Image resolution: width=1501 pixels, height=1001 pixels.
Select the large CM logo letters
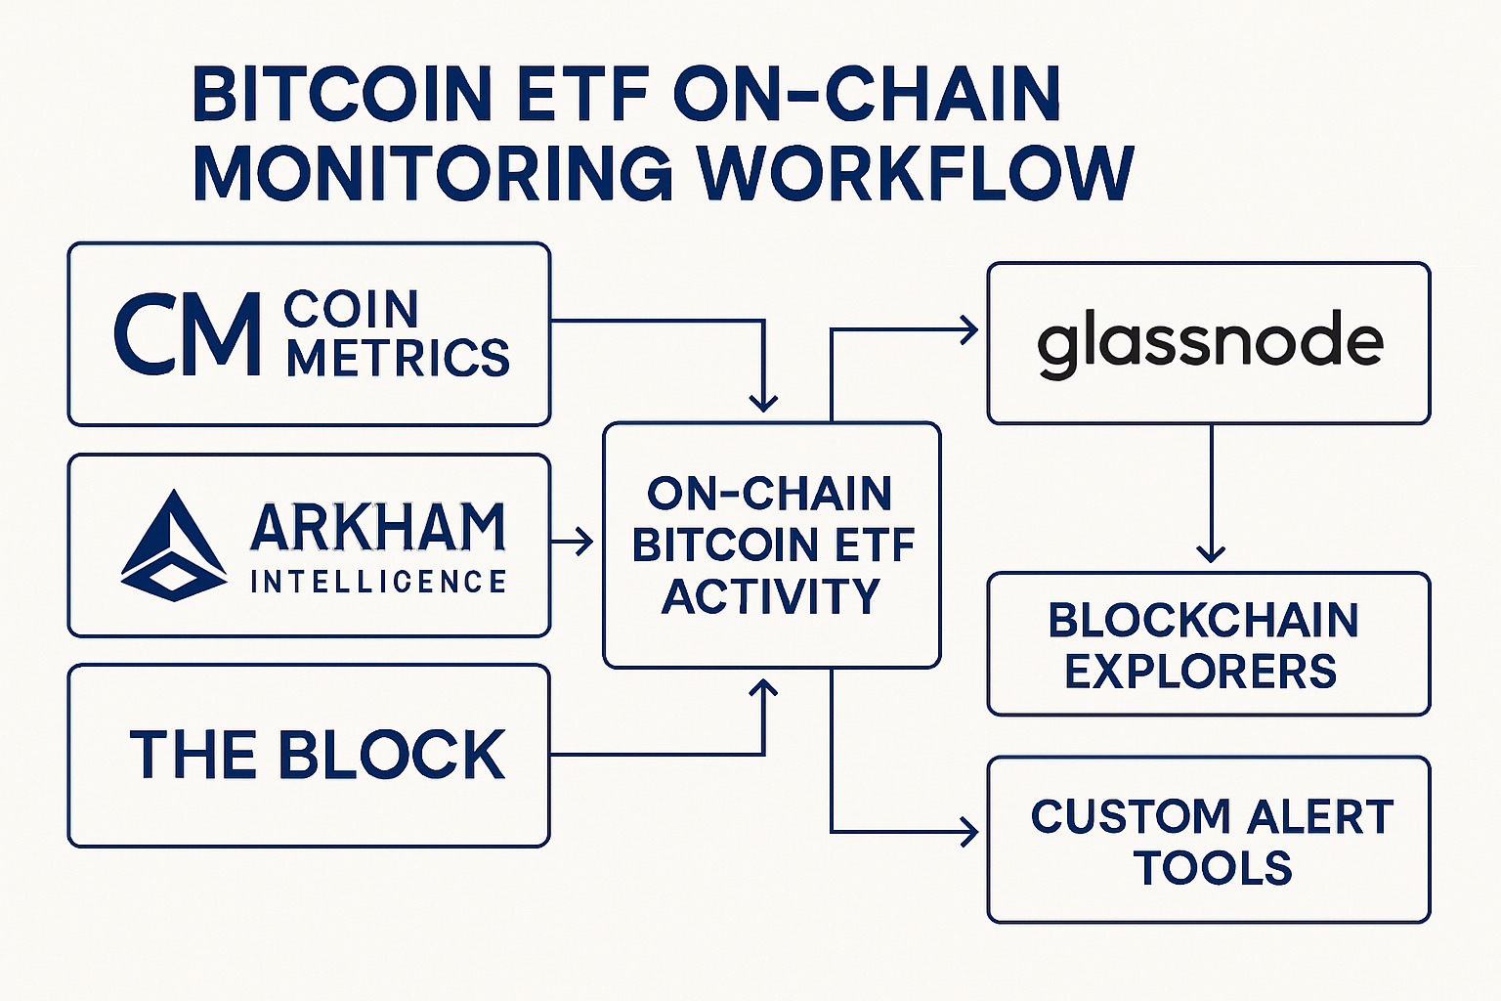[x=188, y=334]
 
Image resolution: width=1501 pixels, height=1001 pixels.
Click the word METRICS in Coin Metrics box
[x=398, y=358]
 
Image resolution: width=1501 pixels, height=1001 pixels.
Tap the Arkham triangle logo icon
[x=174, y=545]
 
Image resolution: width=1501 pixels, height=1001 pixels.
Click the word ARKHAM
[x=378, y=528]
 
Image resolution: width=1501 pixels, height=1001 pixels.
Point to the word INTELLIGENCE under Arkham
[x=378, y=583]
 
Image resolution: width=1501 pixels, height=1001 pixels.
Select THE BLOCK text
[x=318, y=755]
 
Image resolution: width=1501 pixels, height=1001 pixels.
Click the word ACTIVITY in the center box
[x=771, y=596]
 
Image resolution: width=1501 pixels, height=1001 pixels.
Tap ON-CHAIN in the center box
[x=770, y=494]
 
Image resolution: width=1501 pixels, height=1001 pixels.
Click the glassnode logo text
[x=1210, y=342]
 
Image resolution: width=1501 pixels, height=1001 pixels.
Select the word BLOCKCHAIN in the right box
[x=1203, y=620]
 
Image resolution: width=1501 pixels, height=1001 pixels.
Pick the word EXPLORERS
[x=1201, y=672]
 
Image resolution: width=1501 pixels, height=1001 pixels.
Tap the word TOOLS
[x=1214, y=868]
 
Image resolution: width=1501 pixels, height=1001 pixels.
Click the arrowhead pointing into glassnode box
[x=970, y=330]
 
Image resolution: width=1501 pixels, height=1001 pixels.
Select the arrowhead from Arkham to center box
[x=585, y=541]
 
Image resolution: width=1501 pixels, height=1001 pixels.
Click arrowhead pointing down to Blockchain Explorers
[x=1211, y=553]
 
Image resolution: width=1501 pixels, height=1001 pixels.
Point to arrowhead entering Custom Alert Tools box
[x=970, y=832]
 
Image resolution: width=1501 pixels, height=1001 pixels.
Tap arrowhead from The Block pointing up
[x=762, y=688]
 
